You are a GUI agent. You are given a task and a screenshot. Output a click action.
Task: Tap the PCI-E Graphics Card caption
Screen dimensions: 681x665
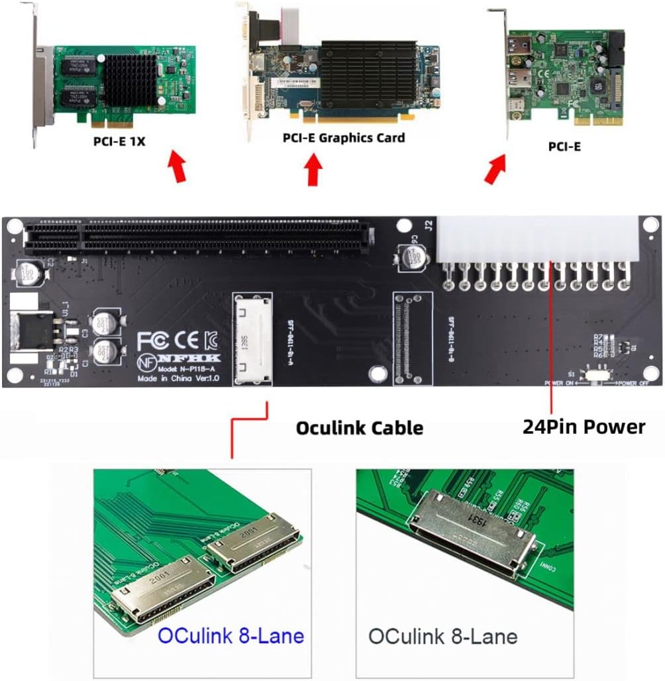[344, 138]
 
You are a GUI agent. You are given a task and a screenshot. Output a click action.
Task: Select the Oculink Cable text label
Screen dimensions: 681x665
[359, 428]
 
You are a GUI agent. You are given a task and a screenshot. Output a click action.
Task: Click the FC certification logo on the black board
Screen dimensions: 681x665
[152, 340]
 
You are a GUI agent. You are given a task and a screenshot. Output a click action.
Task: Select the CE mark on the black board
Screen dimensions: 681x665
[183, 340]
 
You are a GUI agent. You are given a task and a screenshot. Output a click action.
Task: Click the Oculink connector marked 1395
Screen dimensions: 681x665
[252, 339]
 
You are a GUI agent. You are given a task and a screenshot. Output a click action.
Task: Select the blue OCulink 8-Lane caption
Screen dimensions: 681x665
[230, 637]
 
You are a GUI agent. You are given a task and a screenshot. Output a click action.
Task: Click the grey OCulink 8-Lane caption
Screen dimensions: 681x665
[442, 637]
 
